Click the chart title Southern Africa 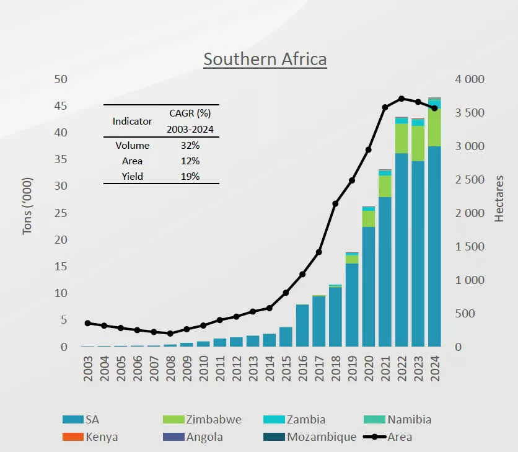265,60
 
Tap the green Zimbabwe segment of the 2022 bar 402,138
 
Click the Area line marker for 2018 335,203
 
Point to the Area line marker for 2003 87,323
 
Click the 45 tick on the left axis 60,106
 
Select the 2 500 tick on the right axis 470,180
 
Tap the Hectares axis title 500,198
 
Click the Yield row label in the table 132,176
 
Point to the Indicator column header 132,122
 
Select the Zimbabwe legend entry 214,420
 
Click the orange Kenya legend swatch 72,437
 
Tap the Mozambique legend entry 322,437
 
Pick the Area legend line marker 372,437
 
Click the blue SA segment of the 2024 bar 434,248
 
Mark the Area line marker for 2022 402,99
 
